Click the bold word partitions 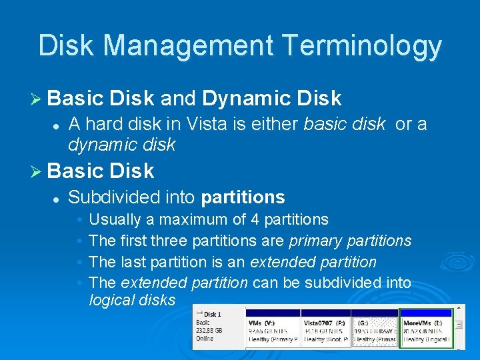(243, 197)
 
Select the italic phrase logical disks (132, 300)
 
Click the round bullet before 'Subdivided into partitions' (57, 198)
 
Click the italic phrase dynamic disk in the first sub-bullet (122, 144)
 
